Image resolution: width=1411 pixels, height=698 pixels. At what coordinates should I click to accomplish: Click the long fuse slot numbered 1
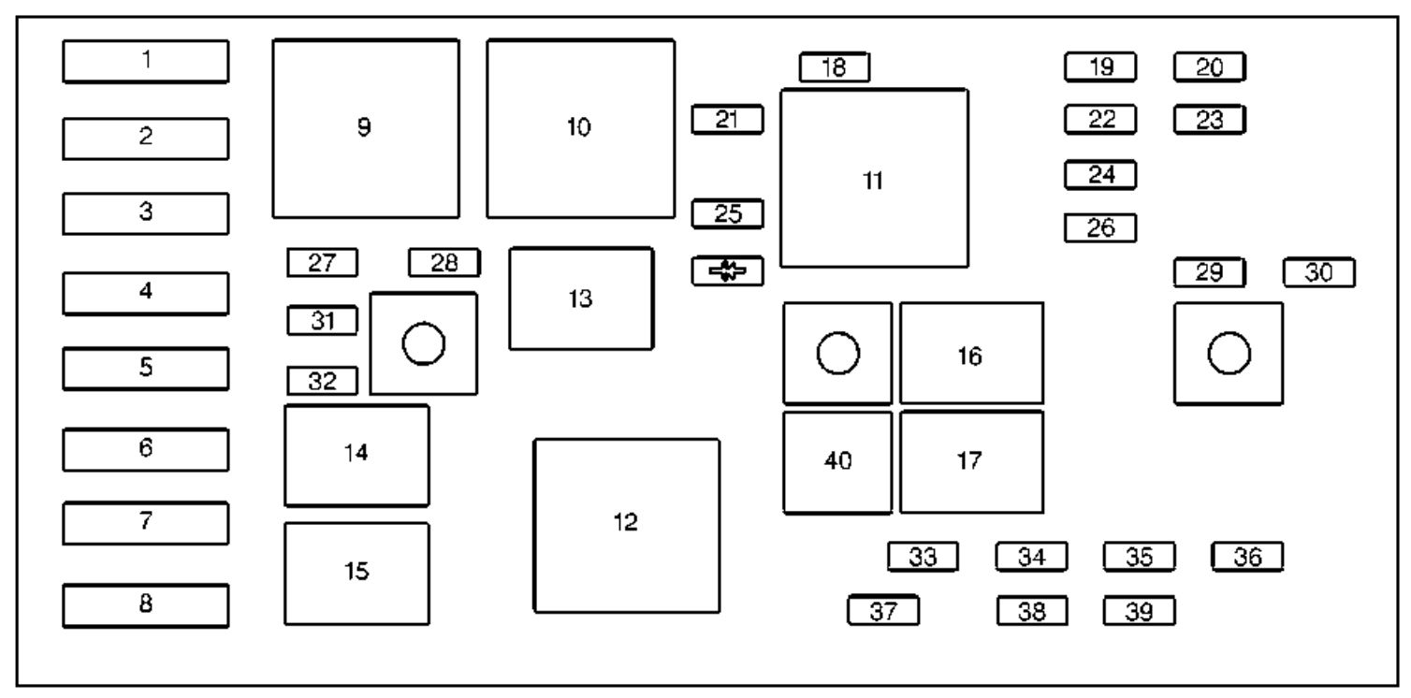(x=146, y=61)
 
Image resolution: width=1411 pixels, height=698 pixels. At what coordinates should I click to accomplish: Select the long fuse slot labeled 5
(x=146, y=369)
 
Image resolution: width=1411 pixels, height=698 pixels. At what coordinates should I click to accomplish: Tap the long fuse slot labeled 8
(x=146, y=605)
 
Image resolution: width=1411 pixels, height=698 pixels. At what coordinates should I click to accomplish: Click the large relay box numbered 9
(x=366, y=128)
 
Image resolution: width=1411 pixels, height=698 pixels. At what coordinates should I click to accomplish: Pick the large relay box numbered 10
(x=581, y=128)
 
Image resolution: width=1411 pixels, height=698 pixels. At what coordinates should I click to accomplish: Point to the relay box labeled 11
(x=874, y=179)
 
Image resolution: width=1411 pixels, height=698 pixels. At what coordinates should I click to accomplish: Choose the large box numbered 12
(x=627, y=526)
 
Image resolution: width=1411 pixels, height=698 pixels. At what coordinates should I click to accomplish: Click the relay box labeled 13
(x=581, y=298)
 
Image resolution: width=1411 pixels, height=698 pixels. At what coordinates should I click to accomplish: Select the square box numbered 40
(x=837, y=462)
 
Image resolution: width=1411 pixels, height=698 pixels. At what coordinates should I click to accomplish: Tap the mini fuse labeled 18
(x=835, y=66)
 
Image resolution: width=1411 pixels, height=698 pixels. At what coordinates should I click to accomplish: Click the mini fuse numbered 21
(x=728, y=119)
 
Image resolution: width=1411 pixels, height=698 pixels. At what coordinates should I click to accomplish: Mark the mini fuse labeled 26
(x=1100, y=228)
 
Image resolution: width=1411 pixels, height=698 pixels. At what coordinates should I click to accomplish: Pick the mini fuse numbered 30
(x=1319, y=272)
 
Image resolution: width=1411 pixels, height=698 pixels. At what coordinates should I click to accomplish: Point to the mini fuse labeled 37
(x=883, y=610)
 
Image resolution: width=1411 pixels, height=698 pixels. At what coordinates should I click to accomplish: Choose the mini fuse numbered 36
(x=1247, y=557)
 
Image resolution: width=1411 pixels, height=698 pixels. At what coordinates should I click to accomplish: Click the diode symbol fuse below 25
(x=728, y=271)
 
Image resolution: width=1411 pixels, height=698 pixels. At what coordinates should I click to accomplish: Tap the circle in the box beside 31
(x=423, y=344)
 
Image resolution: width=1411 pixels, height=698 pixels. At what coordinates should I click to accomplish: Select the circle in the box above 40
(x=837, y=354)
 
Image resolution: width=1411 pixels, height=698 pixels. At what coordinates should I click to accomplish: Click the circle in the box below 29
(x=1229, y=354)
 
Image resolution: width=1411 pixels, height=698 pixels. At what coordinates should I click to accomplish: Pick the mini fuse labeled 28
(x=444, y=263)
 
